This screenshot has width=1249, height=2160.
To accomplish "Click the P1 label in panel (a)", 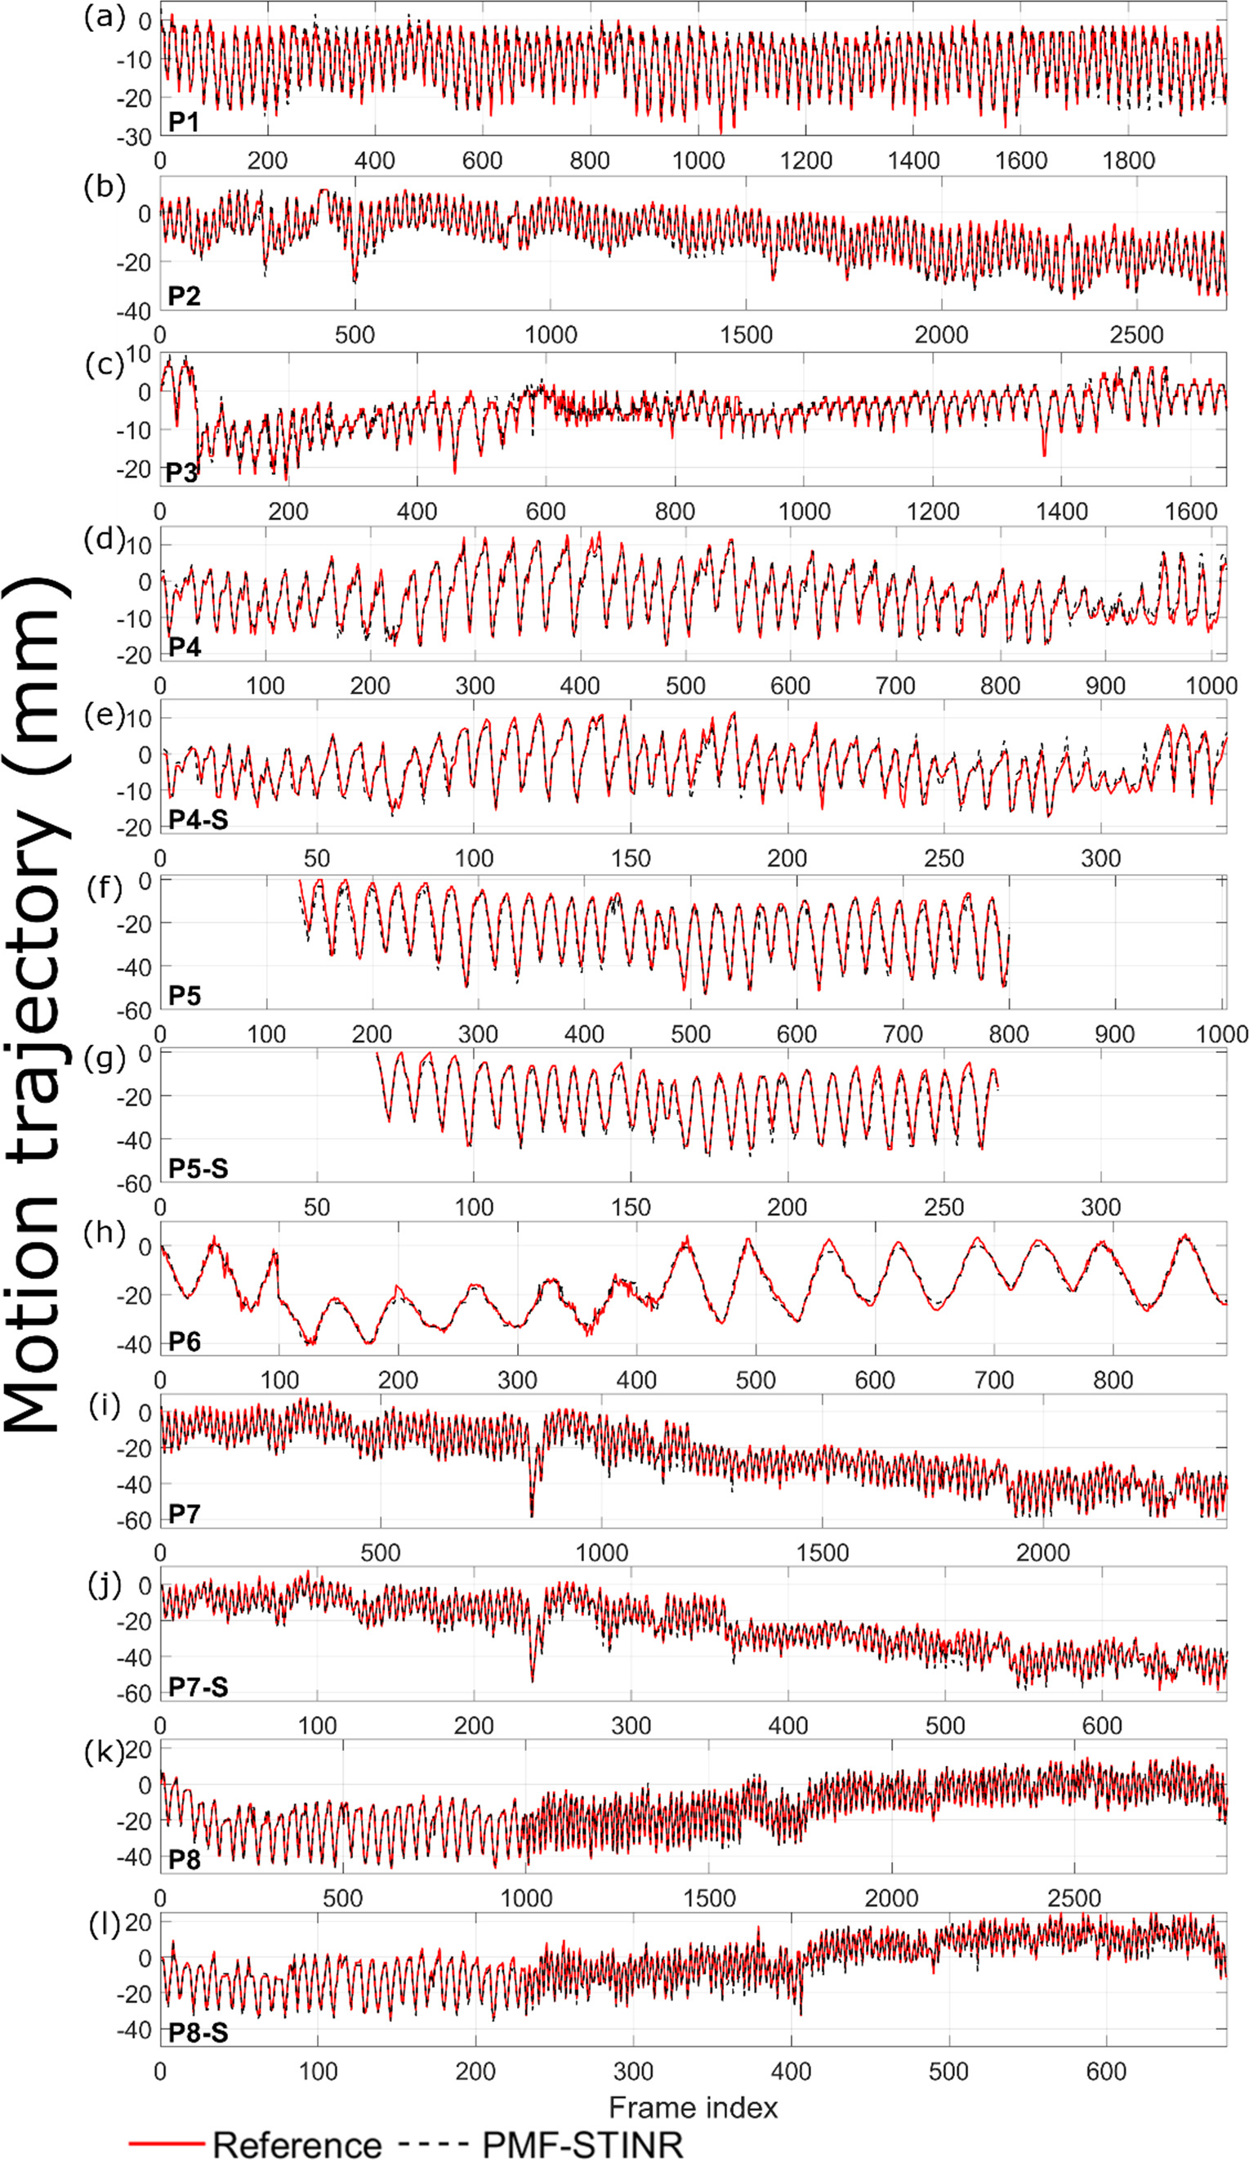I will (183, 122).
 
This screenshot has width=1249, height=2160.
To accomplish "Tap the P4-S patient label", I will (198, 819).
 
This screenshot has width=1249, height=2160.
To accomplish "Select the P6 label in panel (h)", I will (184, 1342).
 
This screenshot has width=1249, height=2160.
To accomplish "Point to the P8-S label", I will (198, 2032).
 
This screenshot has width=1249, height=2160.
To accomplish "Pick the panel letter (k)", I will (104, 1752).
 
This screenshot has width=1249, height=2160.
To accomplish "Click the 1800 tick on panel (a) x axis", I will (1128, 160).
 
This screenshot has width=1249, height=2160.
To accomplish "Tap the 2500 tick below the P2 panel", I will (1136, 335).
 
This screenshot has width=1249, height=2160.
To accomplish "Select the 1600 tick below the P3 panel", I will (1191, 512).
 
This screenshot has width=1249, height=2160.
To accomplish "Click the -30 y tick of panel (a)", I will (133, 137).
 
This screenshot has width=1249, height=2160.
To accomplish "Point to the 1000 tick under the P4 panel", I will (1211, 686).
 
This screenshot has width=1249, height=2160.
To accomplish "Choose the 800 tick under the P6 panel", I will (1112, 1380).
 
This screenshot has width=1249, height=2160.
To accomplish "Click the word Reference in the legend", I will (297, 2144).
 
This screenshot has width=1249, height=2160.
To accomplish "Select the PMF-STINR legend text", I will (582, 2144).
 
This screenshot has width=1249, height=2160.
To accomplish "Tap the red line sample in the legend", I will (167, 2144).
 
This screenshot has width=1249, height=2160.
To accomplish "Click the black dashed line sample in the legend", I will (433, 2144).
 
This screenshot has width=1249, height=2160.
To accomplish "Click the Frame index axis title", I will (692, 2107).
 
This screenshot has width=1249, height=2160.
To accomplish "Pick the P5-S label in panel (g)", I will (198, 1168).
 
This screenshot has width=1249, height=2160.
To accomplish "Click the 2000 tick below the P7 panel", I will (1042, 1553).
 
